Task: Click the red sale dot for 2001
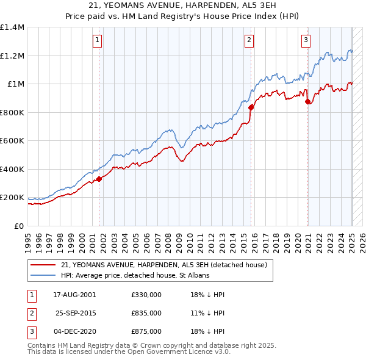tap(99, 179)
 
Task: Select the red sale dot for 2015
tap(251, 107)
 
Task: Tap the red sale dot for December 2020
tap(307, 101)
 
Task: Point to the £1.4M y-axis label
tap(12, 27)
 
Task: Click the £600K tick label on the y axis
tap(12, 141)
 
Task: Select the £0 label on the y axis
tap(18, 226)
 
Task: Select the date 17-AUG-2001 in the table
tap(74, 295)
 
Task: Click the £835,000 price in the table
tap(146, 313)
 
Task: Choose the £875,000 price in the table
tap(146, 331)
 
